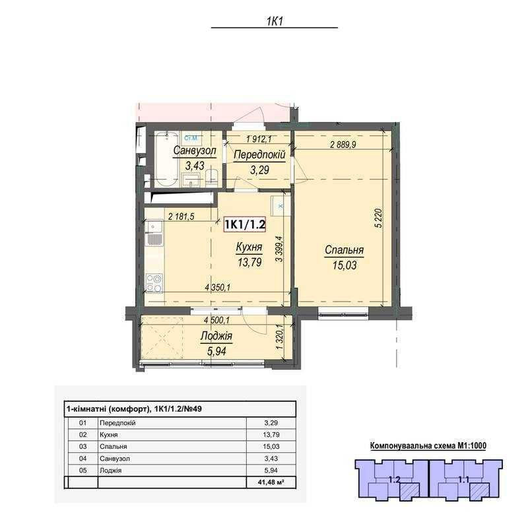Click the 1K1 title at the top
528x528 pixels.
(275, 22)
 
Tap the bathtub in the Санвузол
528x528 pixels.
(167, 158)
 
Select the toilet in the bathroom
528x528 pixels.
(212, 178)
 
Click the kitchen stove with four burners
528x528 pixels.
(154, 283)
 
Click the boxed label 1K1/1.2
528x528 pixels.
(245, 224)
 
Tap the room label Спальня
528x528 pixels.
(344, 250)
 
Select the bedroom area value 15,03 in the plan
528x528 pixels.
(345, 265)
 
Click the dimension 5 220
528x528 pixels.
(379, 218)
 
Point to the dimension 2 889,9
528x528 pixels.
(343, 145)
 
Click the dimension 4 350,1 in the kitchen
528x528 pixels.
(217, 288)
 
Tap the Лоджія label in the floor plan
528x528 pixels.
(216, 336)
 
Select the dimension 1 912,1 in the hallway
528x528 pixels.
(259, 139)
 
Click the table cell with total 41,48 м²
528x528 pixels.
(271, 482)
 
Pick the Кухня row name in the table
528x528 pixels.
(108, 435)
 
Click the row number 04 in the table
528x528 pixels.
(83, 458)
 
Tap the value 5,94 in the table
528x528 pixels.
(271, 471)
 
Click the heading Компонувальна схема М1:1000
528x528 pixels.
(428, 446)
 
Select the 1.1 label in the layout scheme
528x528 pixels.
(464, 480)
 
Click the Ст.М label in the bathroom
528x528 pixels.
(191, 138)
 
